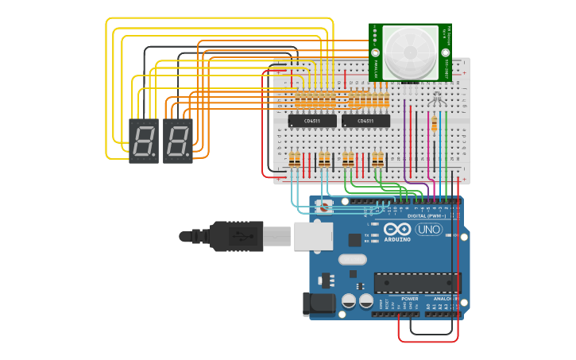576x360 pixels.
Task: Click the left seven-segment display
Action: pos(143,141)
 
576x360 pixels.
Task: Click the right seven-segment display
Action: pos(177,141)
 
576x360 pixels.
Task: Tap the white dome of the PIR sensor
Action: pos(410,52)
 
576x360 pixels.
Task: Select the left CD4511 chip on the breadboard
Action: pos(312,121)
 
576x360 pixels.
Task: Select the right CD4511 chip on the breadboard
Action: pos(365,121)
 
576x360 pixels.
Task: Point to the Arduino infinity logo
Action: pos(396,229)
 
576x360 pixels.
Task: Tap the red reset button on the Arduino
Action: pos(324,206)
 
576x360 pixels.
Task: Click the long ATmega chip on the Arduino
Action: pos(416,283)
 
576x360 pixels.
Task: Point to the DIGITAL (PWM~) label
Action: pos(426,215)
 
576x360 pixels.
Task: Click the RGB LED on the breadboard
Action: pos(435,99)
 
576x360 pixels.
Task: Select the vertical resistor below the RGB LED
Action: pos(434,124)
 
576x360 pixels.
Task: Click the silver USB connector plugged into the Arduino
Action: pos(313,236)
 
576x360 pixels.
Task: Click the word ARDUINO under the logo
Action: pos(396,239)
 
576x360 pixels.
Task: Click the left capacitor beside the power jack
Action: pos(349,301)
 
